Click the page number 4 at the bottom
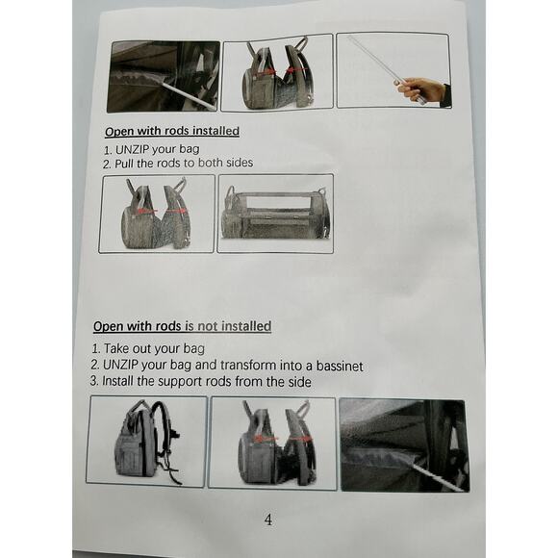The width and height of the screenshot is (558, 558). pyautogui.click(x=267, y=520)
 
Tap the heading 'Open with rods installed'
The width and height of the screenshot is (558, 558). pyautogui.click(x=171, y=131)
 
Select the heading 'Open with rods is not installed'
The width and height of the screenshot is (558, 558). pyautogui.click(x=182, y=326)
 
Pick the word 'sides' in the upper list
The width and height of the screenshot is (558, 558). pyautogui.click(x=236, y=164)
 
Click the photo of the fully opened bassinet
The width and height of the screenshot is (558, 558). pyautogui.click(x=274, y=213)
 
